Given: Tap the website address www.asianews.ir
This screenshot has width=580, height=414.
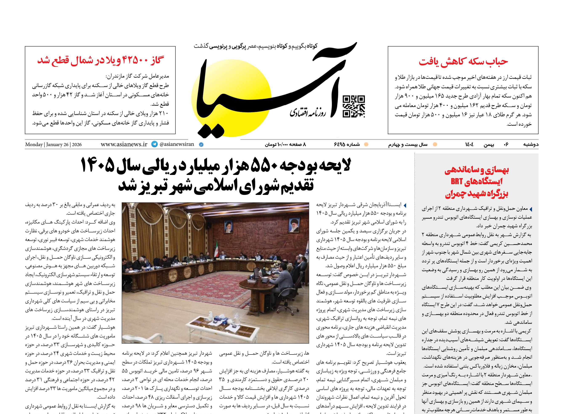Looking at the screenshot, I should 124,144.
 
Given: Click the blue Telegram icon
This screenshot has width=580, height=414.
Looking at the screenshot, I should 154,144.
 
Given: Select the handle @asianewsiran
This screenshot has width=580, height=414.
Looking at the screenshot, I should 177,144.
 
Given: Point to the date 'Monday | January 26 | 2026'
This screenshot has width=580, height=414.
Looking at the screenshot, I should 53,144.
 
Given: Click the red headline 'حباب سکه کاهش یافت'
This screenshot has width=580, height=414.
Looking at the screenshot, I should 463,62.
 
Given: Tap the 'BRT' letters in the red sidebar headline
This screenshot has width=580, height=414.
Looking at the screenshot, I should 456,181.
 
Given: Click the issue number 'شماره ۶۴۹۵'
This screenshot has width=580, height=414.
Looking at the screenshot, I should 347,144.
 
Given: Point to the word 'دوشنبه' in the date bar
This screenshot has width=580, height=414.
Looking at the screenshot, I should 531,144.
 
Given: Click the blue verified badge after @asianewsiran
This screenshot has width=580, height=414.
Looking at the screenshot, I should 201,144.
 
